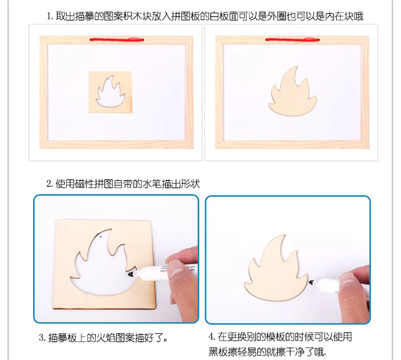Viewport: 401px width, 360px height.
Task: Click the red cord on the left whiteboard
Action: point(117,40)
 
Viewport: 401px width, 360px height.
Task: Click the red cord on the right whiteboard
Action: point(292,40)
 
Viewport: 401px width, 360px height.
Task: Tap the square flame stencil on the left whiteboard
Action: point(110,92)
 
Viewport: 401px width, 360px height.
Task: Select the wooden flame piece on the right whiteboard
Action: point(292,92)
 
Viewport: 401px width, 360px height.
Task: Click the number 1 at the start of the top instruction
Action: point(49,17)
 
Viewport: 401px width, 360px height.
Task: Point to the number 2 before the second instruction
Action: point(49,184)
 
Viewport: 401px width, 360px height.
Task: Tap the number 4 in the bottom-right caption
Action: point(211,336)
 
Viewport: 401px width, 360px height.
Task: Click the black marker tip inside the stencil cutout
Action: point(131,274)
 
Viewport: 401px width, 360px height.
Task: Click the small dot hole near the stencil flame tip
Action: point(102,238)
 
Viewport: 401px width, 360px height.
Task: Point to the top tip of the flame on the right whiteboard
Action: point(297,67)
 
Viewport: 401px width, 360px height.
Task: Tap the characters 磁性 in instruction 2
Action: point(84,184)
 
